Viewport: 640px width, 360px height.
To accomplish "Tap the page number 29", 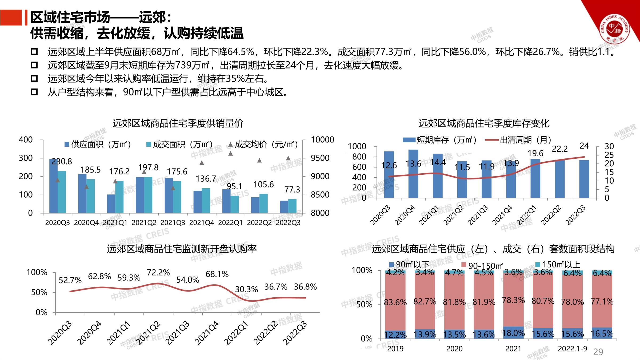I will tap(598, 352).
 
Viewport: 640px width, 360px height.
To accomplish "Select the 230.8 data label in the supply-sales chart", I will tap(62, 162).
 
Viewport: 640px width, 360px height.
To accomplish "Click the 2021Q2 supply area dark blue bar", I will tap(140, 195).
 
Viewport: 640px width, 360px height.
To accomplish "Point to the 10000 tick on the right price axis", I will tap(322, 140).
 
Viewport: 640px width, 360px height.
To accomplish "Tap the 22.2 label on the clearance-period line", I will tap(559, 149).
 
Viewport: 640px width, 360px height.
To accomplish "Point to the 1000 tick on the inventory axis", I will tap(357, 146).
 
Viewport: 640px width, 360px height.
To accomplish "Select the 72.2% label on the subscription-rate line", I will tap(158, 273).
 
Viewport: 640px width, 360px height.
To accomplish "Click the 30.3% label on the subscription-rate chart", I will tap(246, 289).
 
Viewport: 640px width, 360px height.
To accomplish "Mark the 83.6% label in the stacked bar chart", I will tap(395, 302).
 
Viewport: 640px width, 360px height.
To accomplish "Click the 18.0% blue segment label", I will tap(514, 333).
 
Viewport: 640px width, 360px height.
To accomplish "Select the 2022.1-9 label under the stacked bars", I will tap(573, 349).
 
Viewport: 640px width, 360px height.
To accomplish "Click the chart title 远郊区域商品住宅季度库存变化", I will tap(484, 123).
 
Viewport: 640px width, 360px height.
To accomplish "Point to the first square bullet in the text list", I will tap(34, 51).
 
